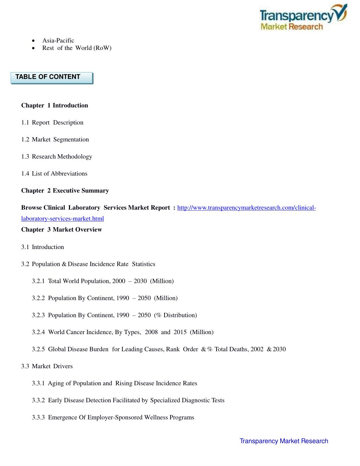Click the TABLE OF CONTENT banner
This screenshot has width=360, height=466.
click(51, 77)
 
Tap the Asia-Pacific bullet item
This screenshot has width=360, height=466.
click(58, 40)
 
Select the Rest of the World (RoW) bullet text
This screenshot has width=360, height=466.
click(77, 48)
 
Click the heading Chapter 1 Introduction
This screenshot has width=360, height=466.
click(54, 106)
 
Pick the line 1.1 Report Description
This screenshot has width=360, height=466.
click(52, 122)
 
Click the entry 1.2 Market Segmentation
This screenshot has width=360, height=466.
click(55, 140)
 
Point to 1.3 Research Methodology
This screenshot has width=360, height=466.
click(56, 157)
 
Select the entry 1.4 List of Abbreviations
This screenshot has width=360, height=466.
click(54, 174)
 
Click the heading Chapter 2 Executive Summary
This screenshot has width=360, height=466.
click(65, 191)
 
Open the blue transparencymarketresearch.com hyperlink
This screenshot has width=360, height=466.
click(246, 208)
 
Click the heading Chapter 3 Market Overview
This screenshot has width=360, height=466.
click(62, 230)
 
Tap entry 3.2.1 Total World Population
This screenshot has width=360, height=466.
click(103, 281)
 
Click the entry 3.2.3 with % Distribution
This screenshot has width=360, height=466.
click(114, 315)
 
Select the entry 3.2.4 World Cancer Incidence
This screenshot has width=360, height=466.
click(122, 332)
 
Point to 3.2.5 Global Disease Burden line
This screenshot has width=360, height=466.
click(159, 349)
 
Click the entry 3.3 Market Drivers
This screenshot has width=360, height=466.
click(47, 366)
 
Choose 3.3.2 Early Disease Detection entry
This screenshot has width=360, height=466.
click(128, 400)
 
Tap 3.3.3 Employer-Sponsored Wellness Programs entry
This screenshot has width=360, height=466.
click(113, 417)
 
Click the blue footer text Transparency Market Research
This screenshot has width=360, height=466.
click(284, 441)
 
